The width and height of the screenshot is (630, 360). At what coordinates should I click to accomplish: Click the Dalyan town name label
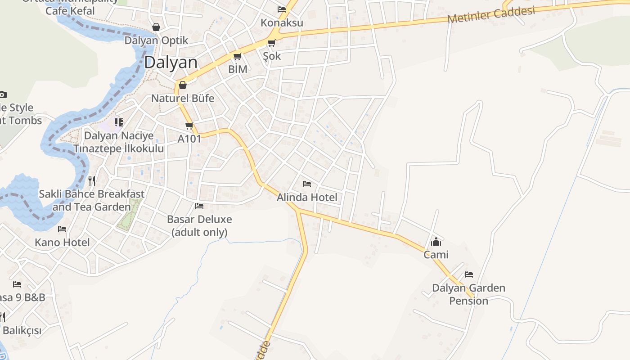171,63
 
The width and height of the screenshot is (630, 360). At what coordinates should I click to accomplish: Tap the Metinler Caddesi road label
491,15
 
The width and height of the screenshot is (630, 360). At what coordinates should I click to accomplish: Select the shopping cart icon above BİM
237,57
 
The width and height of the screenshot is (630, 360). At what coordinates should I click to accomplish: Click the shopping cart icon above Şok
271,43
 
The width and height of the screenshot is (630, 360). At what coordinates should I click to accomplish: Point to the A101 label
189,139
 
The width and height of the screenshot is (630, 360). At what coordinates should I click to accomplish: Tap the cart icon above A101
189,126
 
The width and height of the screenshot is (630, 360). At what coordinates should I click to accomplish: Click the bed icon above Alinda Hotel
307,184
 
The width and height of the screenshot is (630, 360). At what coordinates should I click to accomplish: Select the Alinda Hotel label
307,197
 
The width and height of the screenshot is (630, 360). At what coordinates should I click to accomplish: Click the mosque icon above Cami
436,242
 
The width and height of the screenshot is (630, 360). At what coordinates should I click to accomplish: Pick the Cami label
436,255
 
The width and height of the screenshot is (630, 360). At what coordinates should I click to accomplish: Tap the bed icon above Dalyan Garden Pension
469,274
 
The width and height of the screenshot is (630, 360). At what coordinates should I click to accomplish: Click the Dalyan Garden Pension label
468,294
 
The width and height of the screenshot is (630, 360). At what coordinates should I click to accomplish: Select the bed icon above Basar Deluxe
199,206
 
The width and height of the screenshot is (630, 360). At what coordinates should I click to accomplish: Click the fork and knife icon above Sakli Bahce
92,181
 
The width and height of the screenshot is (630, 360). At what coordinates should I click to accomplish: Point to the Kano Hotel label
62,243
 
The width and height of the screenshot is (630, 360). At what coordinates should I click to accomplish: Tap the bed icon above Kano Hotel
62,229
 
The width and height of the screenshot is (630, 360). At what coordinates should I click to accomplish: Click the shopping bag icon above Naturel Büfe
183,85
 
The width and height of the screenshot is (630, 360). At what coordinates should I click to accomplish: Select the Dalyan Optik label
156,40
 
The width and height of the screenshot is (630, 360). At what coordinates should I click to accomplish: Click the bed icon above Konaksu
282,9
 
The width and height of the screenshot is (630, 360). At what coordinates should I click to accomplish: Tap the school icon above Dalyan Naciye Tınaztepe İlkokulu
119,122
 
